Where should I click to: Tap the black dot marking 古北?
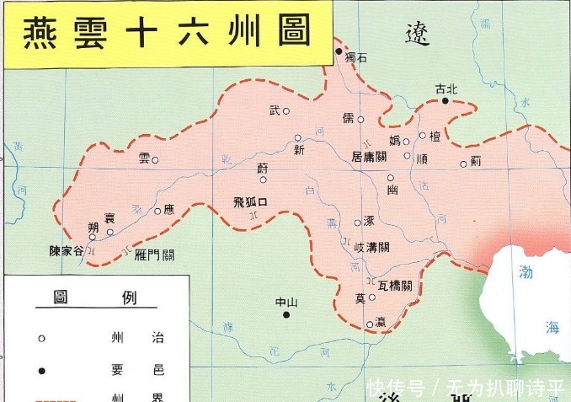coord(446,100)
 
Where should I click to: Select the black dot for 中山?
coord(286,315)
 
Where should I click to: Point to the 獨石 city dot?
coord(339,52)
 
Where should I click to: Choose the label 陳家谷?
coord(67,251)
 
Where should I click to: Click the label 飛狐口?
coord(250,201)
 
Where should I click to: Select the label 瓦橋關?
coord(396,286)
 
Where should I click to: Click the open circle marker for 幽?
coord(390,178)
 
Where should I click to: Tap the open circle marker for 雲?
coord(155,160)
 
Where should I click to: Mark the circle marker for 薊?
coord(463,164)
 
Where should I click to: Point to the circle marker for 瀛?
coord(370,324)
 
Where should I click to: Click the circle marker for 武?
coord(286,110)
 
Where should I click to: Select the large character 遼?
coord(417,34)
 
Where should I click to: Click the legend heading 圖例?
coord(93,297)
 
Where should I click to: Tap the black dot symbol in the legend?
coord(41,370)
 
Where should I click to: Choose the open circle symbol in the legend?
coord(41,338)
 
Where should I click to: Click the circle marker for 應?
coord(157,211)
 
